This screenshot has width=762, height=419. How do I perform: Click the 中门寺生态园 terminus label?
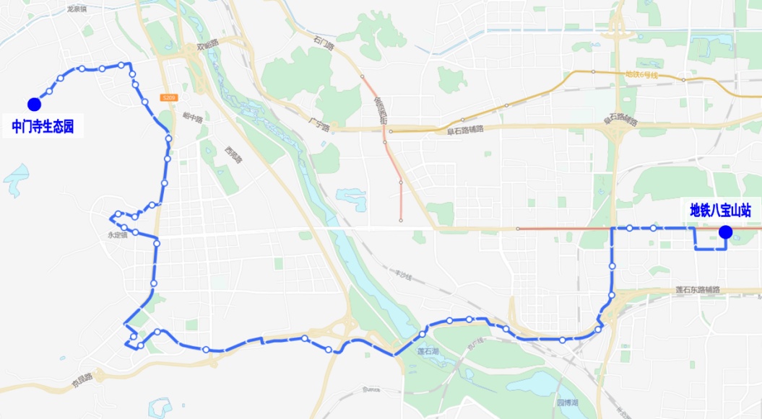coord(43,128)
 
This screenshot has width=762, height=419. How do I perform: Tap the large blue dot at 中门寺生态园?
coord(34,105)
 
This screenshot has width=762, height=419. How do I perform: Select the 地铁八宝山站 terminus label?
coord(720,211)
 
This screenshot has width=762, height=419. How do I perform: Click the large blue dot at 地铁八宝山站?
coord(725,231)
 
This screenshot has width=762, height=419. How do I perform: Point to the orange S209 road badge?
coord(168,97)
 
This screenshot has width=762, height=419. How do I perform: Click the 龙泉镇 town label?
coord(77,9)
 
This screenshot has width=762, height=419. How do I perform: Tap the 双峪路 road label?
coord(207,47)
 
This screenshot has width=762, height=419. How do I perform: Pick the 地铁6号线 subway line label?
coord(642,74)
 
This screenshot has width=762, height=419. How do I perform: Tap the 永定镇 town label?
coord(117,235)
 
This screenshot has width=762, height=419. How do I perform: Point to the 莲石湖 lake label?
coord(430,351)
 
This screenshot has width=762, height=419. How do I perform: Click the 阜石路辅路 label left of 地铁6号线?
coord(465,131)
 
